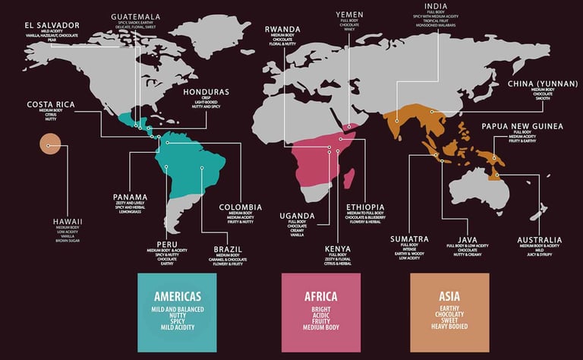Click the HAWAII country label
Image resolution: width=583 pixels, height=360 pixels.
coord(68,221)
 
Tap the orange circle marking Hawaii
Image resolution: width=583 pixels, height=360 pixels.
coord(50,144)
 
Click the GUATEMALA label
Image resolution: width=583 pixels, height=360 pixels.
coord(135,16)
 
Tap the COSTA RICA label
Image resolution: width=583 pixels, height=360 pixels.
coord(50,104)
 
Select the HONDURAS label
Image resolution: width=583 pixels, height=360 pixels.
coord(206,92)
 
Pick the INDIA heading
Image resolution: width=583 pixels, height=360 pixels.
coord(457,5)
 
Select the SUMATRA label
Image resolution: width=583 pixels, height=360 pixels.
coord(410,238)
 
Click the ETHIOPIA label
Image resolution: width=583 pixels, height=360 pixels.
coord(365,207)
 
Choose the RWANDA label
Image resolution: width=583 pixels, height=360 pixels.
coord(283,30)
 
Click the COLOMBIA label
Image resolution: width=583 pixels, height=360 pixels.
coord(241,207)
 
